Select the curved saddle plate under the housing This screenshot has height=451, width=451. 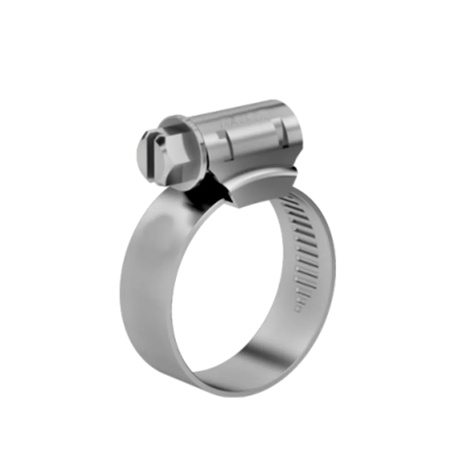pyautogui.click(x=260, y=185)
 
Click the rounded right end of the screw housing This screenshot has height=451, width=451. pyautogui.click(x=298, y=128)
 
